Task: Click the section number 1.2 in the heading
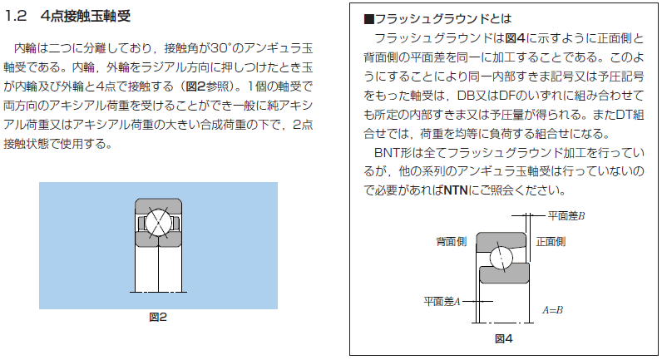pyautogui.click(x=15, y=16)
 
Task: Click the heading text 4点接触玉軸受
pyautogui.click(x=86, y=16)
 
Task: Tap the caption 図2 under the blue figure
pyautogui.click(x=158, y=317)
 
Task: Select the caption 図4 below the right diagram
pyautogui.click(x=503, y=338)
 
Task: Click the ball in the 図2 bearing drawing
pyautogui.click(x=158, y=223)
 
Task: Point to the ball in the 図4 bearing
pyautogui.click(x=501, y=257)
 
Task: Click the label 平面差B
pyautogui.click(x=566, y=216)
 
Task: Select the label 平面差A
pyautogui.click(x=442, y=301)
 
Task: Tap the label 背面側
pyautogui.click(x=451, y=242)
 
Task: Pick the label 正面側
pyautogui.click(x=551, y=242)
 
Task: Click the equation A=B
pyautogui.click(x=553, y=310)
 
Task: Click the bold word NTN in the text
pyautogui.click(x=456, y=190)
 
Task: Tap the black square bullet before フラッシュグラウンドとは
pyautogui.click(x=369, y=19)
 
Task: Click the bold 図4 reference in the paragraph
pyautogui.click(x=515, y=38)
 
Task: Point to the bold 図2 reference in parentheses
pyautogui.click(x=196, y=86)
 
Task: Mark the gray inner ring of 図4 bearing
pyautogui.click(x=504, y=274)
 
